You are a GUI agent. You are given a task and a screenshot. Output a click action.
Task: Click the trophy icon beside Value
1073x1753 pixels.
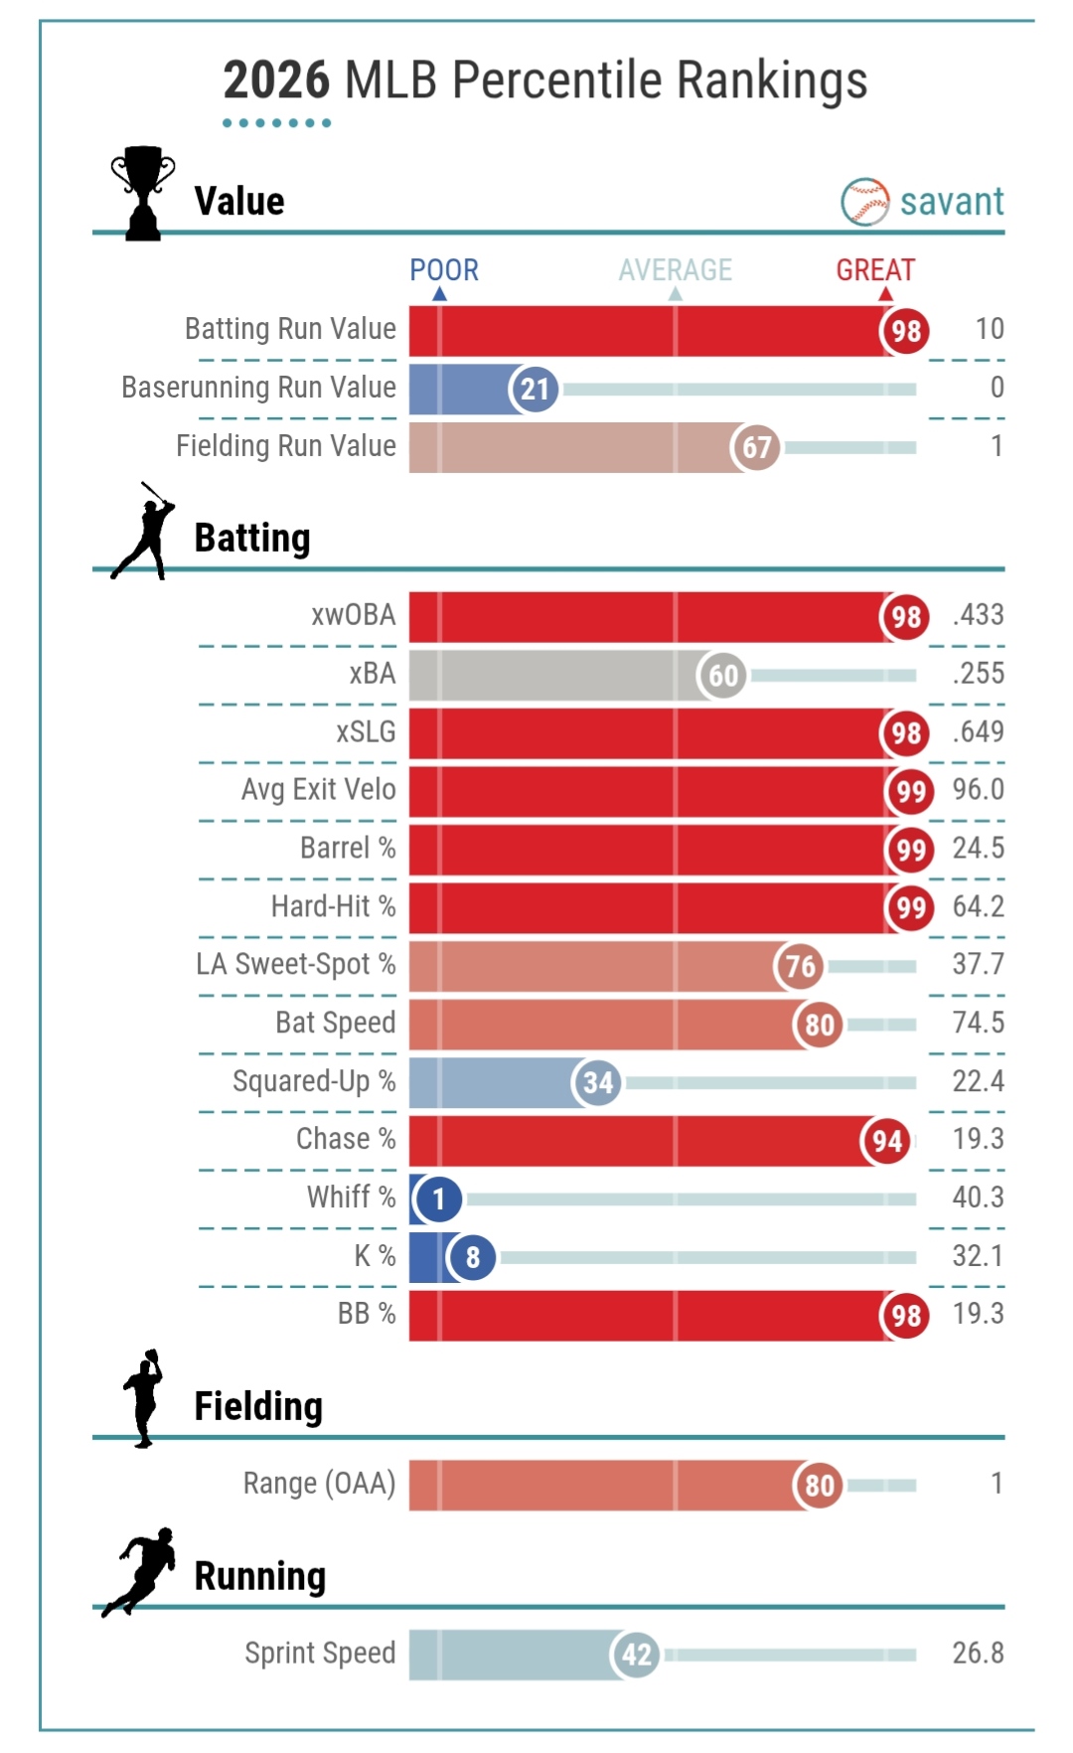[143, 193]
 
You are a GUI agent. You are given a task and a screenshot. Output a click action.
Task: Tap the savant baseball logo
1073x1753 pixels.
[864, 202]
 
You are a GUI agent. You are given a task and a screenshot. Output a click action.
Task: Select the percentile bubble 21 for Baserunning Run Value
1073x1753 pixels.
[535, 389]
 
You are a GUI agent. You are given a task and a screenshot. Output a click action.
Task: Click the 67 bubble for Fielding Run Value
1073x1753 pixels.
[756, 447]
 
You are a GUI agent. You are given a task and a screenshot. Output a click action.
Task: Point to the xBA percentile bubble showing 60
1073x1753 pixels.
[722, 676]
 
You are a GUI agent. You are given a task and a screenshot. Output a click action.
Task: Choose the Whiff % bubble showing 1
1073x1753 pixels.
[438, 1199]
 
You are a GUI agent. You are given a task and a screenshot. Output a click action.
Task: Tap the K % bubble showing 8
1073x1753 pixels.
[472, 1258]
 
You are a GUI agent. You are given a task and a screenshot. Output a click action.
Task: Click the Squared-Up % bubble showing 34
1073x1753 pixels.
[597, 1082]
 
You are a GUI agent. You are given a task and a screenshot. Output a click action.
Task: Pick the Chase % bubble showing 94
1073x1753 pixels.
[886, 1141]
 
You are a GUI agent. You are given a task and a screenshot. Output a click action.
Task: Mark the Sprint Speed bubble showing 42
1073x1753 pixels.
[636, 1655]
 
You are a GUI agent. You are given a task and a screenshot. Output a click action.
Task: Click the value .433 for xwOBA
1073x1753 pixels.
[978, 615]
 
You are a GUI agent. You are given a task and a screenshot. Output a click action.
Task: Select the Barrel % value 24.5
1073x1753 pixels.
[978, 849]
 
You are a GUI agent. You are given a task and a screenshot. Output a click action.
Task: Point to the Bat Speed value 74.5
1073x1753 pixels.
[978, 1023]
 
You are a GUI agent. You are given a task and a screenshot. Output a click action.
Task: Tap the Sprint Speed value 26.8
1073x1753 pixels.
[978, 1654]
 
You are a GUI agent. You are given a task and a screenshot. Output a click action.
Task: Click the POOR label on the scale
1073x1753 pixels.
[444, 270]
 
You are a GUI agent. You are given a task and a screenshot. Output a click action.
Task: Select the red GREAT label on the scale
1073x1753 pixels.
[875, 270]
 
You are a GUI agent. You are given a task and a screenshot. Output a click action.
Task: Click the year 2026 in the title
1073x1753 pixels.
[276, 80]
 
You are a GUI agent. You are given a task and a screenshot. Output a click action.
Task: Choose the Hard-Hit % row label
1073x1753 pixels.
[333, 906]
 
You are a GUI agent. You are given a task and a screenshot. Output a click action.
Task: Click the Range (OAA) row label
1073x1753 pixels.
[319, 1484]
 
